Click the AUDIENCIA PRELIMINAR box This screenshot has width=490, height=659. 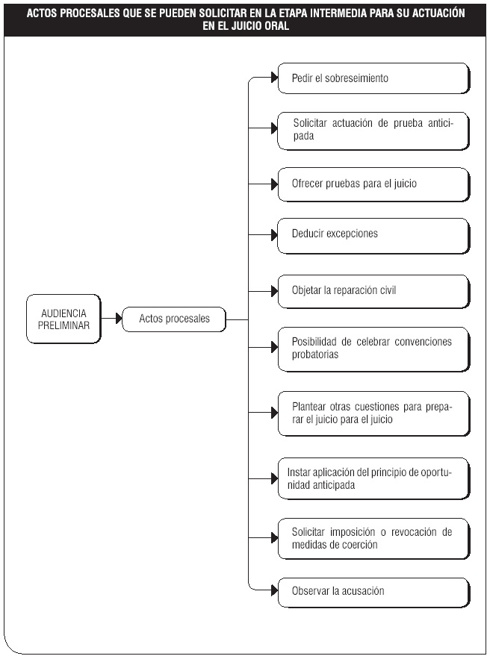[63, 319]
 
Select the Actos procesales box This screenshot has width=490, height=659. [174, 319]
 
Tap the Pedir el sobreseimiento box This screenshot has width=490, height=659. [373, 78]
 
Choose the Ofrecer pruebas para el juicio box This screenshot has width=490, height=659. [373, 184]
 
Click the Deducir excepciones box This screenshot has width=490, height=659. [373, 236]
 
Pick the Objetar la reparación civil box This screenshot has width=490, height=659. [373, 292]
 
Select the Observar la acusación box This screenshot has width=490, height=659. [373, 593]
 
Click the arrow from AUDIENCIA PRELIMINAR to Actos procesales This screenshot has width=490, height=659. [111, 319]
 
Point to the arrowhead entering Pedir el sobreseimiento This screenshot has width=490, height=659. [275, 78]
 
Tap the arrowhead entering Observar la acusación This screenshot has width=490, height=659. [275, 590]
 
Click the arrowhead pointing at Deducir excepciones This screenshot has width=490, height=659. [275, 234]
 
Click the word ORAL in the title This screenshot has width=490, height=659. [276, 25]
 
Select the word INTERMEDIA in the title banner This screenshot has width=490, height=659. [335, 13]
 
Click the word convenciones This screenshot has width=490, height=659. [423, 342]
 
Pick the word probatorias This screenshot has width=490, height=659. [315, 355]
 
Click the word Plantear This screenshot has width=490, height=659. [308, 407]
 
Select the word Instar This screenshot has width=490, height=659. [299, 472]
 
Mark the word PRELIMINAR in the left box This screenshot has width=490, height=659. [63, 325]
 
